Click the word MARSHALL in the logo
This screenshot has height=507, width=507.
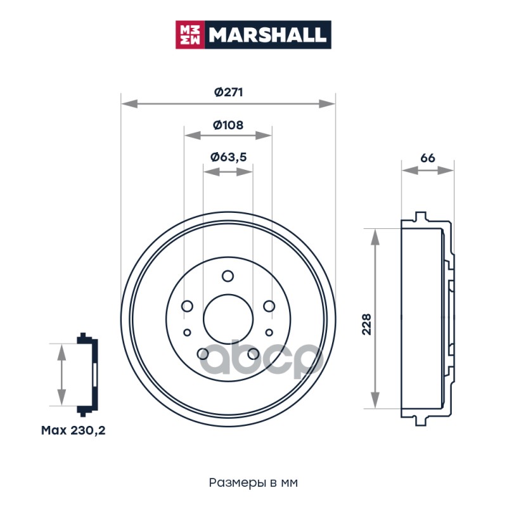pos(267,35)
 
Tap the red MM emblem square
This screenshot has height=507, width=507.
pos(189,35)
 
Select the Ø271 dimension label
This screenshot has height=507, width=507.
pos(228,92)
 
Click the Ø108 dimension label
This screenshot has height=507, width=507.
pos(228,125)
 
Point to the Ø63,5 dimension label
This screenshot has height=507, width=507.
pos(228,157)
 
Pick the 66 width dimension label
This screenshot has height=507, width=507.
pos(427,158)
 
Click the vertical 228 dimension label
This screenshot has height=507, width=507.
pos(367,324)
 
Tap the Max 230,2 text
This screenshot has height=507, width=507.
pos(73,430)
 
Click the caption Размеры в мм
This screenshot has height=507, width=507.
pos(253,483)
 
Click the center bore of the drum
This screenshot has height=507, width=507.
pos(228,319)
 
